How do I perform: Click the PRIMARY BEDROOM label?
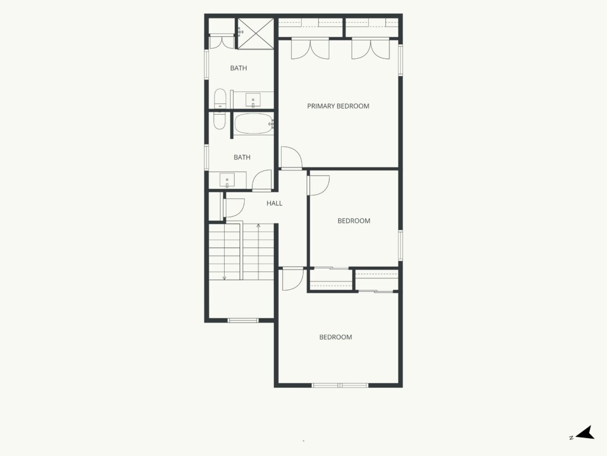click(x=338, y=106)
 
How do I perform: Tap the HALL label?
click(x=274, y=203)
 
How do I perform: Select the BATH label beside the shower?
click(x=238, y=68)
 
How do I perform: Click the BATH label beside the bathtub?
click(x=242, y=157)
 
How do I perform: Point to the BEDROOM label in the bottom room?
click(x=336, y=337)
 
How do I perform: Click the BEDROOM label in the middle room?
click(x=354, y=221)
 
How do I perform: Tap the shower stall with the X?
click(x=255, y=34)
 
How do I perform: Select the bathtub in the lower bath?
click(x=254, y=123)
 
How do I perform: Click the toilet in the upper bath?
click(x=219, y=99)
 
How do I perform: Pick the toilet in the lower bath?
click(x=219, y=121)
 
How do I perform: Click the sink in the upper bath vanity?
click(x=253, y=100)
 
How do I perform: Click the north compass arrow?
click(x=586, y=433)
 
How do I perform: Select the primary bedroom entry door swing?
click(x=291, y=158)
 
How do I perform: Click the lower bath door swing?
click(x=262, y=180)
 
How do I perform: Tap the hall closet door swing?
click(x=234, y=208)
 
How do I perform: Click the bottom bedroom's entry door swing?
click(x=293, y=279)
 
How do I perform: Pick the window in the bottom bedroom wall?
click(x=340, y=385)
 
